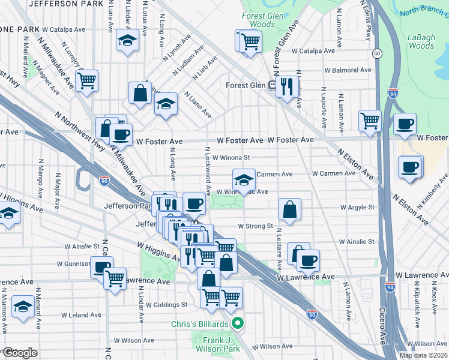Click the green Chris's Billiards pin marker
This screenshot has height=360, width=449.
point(238,325)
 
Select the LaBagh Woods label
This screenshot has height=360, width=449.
point(421,41)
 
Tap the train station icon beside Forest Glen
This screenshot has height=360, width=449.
point(272,85)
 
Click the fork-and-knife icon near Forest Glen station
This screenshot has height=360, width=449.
point(286,85)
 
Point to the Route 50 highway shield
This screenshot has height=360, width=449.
point(376,53)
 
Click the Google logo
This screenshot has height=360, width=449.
point(19,353)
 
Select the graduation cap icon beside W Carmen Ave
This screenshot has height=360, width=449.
point(243,179)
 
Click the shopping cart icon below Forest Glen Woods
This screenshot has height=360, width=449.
point(250,41)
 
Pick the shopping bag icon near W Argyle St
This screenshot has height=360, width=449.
point(289,210)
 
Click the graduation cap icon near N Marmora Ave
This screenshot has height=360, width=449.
point(23,306)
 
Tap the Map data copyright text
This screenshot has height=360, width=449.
point(423,355)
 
